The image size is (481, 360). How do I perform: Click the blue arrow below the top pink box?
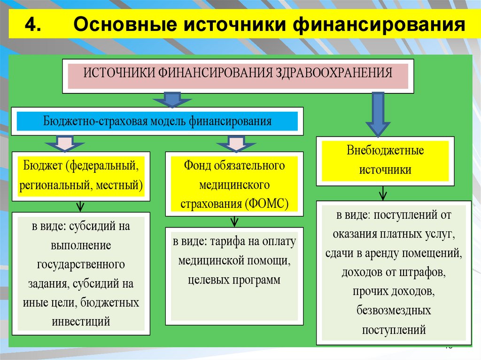pyautogui.click(x=172, y=99)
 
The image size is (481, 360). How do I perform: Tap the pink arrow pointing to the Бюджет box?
pyautogui.click(x=65, y=143)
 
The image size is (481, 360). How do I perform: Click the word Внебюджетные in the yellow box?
pyautogui.click(x=385, y=151)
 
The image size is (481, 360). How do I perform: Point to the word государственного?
pyautogui.click(x=81, y=264)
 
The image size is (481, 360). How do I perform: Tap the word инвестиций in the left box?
pyautogui.click(x=81, y=322)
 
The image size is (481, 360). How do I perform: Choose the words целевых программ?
pyautogui.click(x=233, y=280)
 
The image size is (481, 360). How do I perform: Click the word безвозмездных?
pyautogui.click(x=394, y=311)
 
